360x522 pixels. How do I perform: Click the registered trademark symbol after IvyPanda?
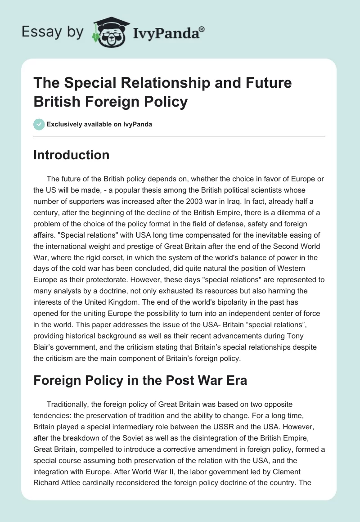pyautogui.click(x=202, y=28)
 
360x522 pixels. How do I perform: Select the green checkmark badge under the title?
pyautogui.click(x=39, y=125)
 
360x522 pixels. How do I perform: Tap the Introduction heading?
pyautogui.click(x=72, y=155)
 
